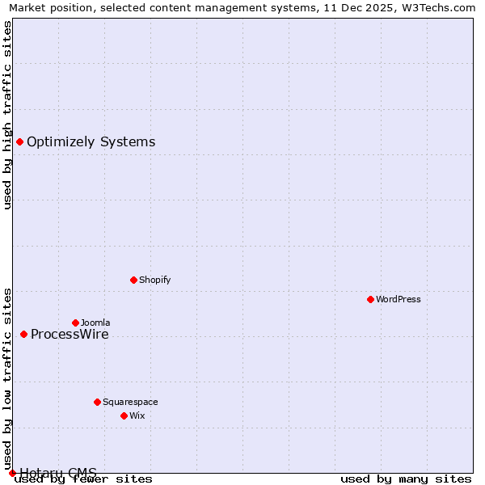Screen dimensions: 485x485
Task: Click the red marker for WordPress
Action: (370, 299)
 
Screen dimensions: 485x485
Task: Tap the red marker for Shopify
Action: (133, 280)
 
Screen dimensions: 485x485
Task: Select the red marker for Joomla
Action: (75, 323)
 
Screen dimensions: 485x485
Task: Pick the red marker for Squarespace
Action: (97, 402)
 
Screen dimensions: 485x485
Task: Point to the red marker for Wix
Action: (124, 415)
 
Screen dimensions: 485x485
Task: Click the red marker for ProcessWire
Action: (23, 334)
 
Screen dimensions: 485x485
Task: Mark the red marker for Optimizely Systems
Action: (19, 141)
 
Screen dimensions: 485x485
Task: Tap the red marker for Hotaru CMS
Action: (12, 473)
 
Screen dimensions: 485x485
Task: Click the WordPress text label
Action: (399, 299)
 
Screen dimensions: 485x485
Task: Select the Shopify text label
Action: (154, 280)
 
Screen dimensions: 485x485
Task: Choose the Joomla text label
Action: (95, 323)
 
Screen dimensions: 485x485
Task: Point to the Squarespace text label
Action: (130, 402)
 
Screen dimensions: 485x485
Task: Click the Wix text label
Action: (137, 415)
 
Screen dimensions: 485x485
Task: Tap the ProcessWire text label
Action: (70, 335)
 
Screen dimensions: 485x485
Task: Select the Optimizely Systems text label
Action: (91, 142)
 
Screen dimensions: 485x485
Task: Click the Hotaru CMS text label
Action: (58, 473)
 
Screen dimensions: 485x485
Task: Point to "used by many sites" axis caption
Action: (406, 479)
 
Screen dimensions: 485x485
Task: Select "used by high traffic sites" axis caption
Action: (7, 115)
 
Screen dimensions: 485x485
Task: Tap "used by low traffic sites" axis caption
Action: (7, 379)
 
